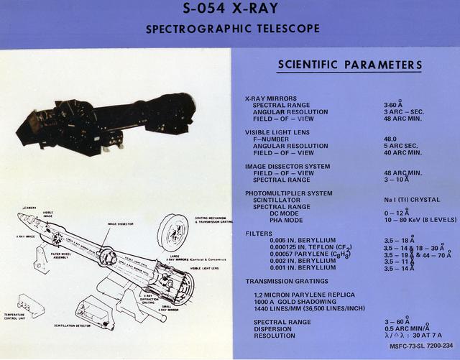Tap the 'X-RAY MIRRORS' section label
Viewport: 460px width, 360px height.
click(x=271, y=98)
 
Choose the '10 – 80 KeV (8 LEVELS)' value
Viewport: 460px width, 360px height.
click(x=418, y=220)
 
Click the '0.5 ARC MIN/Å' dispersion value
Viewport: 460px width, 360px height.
click(x=407, y=329)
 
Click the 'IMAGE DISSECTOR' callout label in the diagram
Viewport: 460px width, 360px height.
click(x=121, y=224)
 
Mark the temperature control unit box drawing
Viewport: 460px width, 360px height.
click(x=30, y=305)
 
